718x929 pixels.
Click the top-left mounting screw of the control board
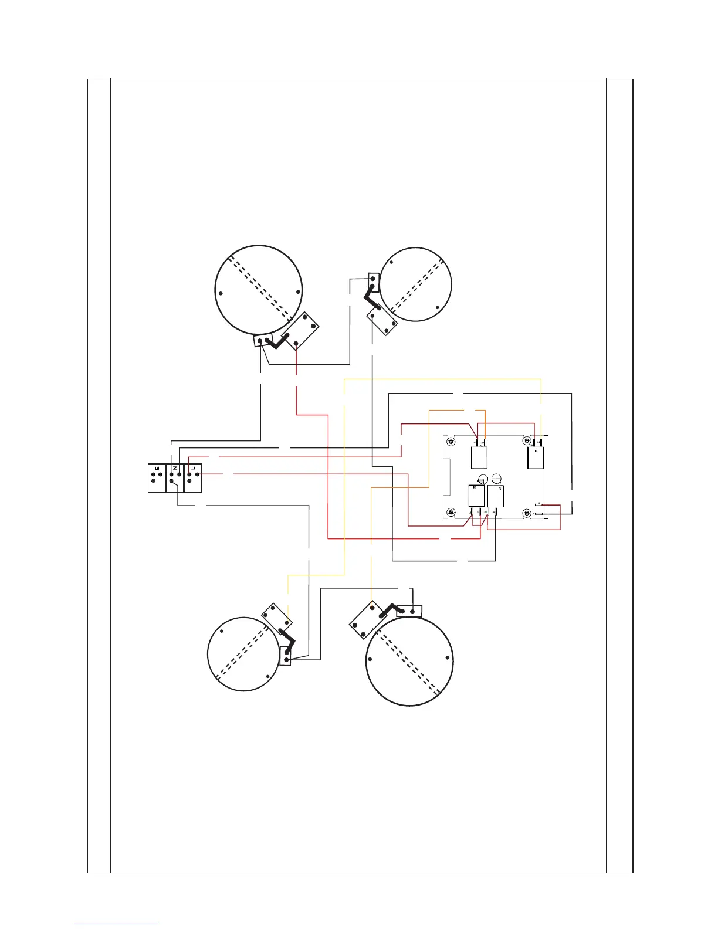[451, 441]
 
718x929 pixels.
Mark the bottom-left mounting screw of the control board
[451, 512]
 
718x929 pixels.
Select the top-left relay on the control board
[480, 457]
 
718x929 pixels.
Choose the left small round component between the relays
[482, 478]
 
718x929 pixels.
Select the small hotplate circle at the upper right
[416, 284]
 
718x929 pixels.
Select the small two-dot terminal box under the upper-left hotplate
[262, 341]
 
